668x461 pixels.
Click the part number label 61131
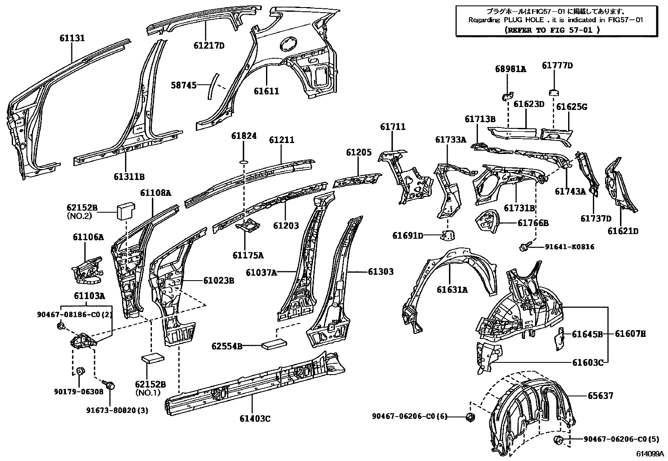pos(72,38)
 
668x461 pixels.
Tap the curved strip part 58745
pos(213,86)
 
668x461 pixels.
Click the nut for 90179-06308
pos(81,371)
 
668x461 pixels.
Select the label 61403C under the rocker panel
pos(255,419)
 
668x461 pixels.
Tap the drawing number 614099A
pos(649,454)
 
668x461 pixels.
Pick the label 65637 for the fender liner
pos(600,396)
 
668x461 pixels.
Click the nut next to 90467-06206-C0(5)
pos(558,440)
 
